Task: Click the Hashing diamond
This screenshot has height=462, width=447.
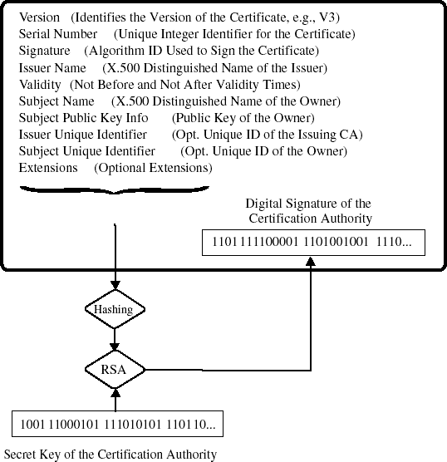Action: point(114,309)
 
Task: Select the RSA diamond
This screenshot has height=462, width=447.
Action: point(114,369)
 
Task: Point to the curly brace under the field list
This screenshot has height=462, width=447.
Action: point(114,192)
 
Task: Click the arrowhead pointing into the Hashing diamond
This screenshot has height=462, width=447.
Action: point(114,287)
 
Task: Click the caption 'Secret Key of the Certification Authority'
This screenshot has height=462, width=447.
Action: point(111,454)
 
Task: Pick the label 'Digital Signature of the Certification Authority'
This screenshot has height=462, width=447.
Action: point(309,211)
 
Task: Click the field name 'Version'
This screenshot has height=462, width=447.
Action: point(40,17)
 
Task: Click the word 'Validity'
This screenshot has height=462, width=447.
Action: point(40,84)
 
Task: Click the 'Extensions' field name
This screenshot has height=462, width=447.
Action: point(48,167)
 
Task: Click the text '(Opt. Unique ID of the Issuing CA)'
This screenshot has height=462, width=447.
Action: point(267,134)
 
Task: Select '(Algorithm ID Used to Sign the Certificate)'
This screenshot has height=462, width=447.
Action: point(202,51)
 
